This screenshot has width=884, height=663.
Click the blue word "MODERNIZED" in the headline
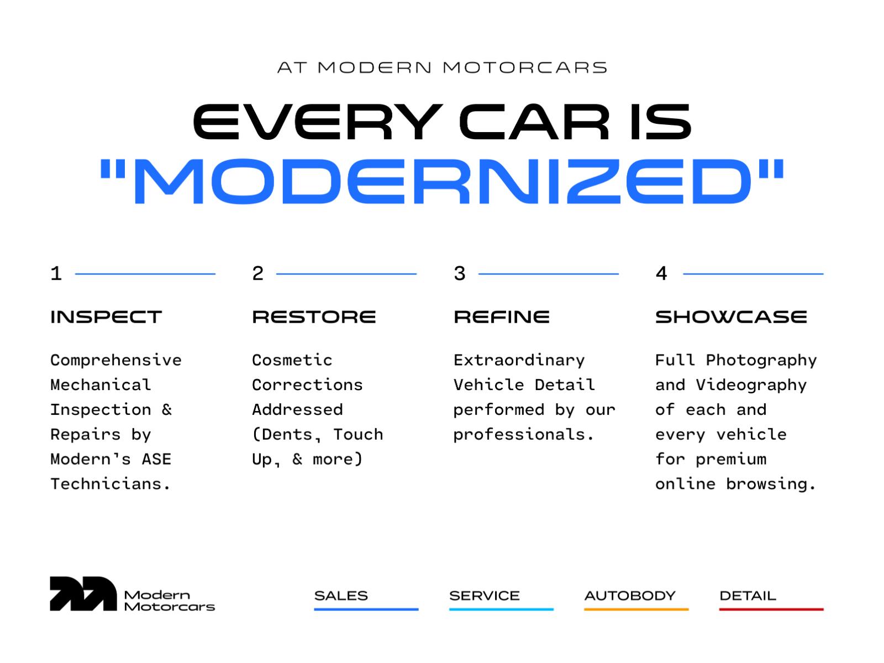[x=442, y=181]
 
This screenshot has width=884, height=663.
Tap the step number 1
[x=56, y=273]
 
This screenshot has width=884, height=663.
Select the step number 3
[x=460, y=273]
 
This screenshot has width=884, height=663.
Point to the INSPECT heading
[x=106, y=317]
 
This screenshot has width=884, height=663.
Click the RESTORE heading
[x=314, y=317]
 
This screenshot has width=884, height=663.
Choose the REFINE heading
[x=502, y=317]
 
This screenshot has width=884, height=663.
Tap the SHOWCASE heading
[x=731, y=317]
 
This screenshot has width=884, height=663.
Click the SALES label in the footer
[x=341, y=596]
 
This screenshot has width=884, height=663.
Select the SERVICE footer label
[x=485, y=596]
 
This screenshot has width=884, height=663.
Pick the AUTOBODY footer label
[x=630, y=596]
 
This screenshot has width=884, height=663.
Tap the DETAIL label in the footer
[x=748, y=596]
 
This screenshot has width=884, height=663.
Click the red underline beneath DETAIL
[x=771, y=609]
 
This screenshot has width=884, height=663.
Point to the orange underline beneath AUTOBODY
[x=636, y=609]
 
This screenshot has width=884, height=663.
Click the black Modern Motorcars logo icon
[x=83, y=594]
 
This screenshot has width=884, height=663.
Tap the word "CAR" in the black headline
[x=534, y=122]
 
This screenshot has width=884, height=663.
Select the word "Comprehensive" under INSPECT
[x=116, y=360]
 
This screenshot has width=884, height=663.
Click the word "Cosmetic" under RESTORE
[x=292, y=360]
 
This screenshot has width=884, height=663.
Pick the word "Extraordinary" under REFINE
[x=519, y=360]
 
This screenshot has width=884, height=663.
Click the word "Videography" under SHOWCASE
[x=751, y=385]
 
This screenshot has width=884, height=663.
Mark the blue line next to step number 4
[x=753, y=273]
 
